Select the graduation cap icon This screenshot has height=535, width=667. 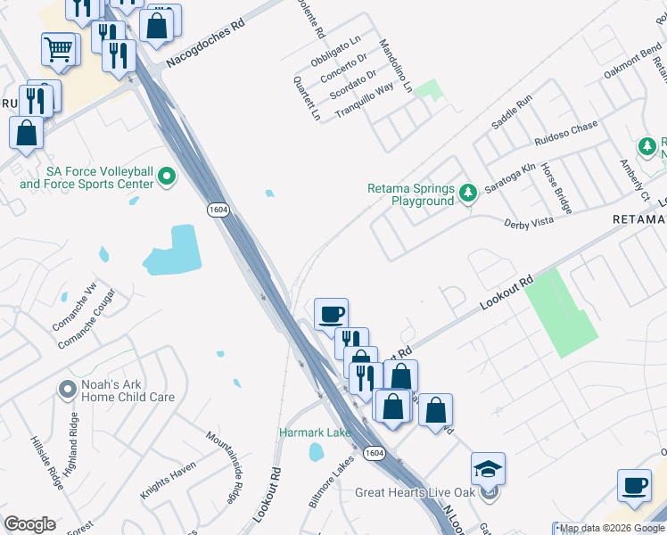[488, 468]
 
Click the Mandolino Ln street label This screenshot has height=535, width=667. [395, 66]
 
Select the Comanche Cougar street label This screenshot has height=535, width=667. [86, 318]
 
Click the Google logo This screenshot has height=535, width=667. [29, 524]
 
